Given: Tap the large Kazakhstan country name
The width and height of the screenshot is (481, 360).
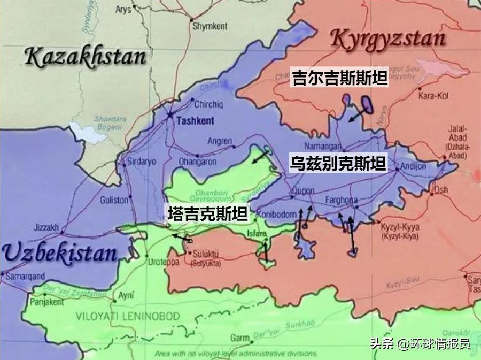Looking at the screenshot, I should click(x=86, y=57).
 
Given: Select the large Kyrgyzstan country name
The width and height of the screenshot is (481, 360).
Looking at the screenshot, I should click(x=389, y=39).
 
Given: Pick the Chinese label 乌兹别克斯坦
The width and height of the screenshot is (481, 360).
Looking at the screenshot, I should click(x=337, y=163).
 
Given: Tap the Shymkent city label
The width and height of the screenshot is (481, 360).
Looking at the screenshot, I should click(x=210, y=26).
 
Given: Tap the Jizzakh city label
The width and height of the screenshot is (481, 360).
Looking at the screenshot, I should click(x=45, y=227).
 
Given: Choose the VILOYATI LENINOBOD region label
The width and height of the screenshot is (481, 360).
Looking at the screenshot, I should click(x=128, y=316).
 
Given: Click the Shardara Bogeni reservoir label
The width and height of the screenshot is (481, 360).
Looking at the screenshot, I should click(x=110, y=123).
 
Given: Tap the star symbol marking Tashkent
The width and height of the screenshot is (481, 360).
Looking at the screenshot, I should click(x=170, y=115).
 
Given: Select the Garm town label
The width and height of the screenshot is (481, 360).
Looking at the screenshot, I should click(x=240, y=338).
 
